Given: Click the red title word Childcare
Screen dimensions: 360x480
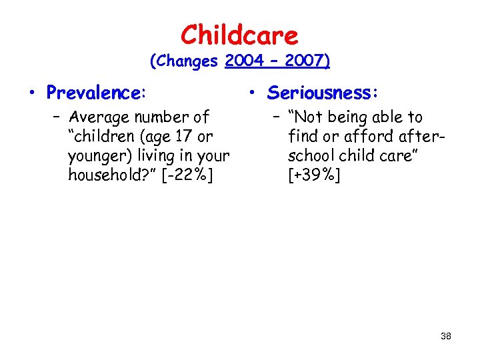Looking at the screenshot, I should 239,34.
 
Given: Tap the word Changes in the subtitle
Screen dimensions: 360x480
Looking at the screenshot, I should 189,61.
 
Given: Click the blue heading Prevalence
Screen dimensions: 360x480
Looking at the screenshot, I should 96,92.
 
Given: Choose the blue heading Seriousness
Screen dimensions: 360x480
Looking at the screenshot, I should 321,92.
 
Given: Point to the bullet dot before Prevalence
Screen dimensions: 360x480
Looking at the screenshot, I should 33,93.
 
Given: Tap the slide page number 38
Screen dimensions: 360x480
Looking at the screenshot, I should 446,336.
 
